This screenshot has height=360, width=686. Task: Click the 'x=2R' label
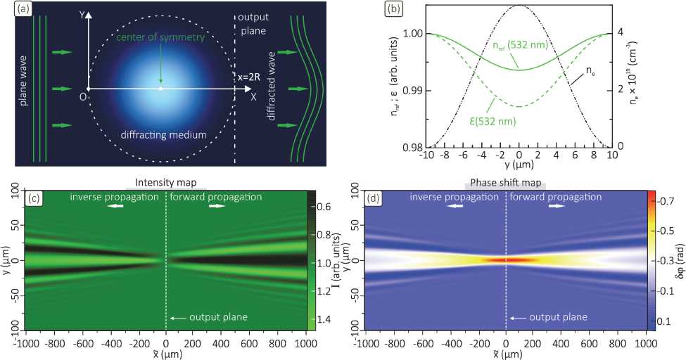(250, 79)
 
